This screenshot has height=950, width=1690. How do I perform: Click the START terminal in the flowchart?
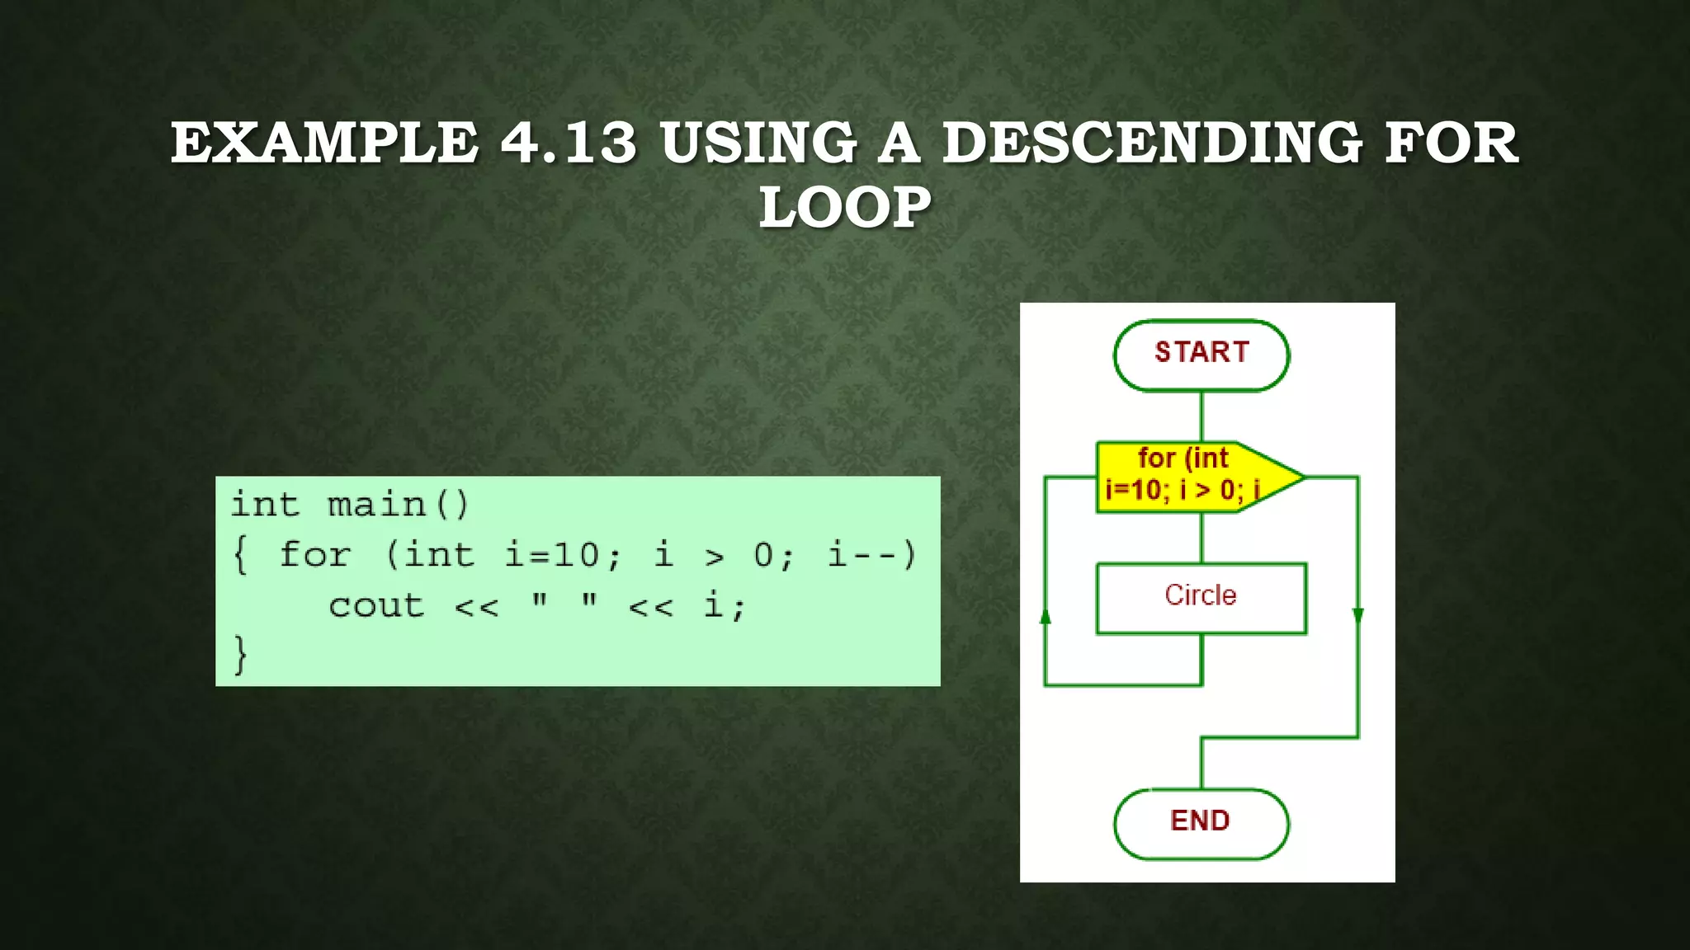coord(1201,355)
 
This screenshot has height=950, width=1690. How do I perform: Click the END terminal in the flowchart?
coord(1201,823)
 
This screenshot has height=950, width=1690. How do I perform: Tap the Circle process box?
coord(1201,598)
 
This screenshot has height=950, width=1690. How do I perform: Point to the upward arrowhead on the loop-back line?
coord(1046,617)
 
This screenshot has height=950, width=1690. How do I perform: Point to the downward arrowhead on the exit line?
coord(1357,615)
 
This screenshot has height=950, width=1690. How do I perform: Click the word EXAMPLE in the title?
coord(324,143)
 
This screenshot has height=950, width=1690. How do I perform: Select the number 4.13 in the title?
coord(569,143)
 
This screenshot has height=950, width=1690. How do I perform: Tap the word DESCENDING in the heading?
coord(1152,143)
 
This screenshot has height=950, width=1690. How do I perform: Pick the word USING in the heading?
coord(758,143)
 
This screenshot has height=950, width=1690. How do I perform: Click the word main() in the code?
coord(399,505)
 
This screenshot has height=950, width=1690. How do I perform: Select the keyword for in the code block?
coord(314,554)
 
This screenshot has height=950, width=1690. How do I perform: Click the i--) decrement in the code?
coord(871,554)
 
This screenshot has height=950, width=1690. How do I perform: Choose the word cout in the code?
coord(376,606)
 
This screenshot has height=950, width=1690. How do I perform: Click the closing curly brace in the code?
coord(240,655)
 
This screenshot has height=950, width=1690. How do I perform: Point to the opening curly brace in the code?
coord(240,554)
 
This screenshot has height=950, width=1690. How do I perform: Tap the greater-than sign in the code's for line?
coord(715,557)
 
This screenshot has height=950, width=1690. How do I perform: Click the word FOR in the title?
coord(1452,143)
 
